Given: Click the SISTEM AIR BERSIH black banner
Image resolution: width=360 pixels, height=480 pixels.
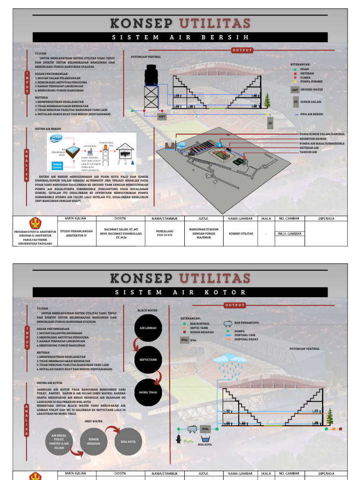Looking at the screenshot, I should coord(180,37).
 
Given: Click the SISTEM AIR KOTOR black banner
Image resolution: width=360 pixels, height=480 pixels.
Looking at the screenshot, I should coord(180,292).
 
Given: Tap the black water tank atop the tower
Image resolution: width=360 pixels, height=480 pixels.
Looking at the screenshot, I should coord(151,74).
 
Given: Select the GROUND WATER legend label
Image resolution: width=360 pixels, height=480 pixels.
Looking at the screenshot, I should coord(312,89).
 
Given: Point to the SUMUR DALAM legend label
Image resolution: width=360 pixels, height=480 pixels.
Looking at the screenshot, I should coord(310,101).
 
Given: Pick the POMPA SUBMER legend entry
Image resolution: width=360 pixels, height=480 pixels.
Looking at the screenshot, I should coord(311,81).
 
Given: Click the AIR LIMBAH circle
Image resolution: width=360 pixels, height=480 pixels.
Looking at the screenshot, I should coord(148,328).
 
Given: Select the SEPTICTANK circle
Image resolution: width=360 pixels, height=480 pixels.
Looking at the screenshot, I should coord(148,360).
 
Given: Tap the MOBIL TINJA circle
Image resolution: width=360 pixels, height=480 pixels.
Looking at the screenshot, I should coord(148,392).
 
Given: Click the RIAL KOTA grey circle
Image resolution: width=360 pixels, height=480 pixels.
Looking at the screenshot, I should coord(128,442).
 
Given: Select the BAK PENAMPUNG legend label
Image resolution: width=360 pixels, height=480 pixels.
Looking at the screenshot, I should coord(247,323).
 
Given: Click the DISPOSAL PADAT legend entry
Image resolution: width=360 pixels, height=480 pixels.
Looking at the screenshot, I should coord(247,339).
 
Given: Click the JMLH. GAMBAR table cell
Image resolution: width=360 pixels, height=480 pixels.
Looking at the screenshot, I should coord(289,233).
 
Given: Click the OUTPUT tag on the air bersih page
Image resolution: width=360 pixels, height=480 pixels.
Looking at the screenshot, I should coord(242,50).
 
